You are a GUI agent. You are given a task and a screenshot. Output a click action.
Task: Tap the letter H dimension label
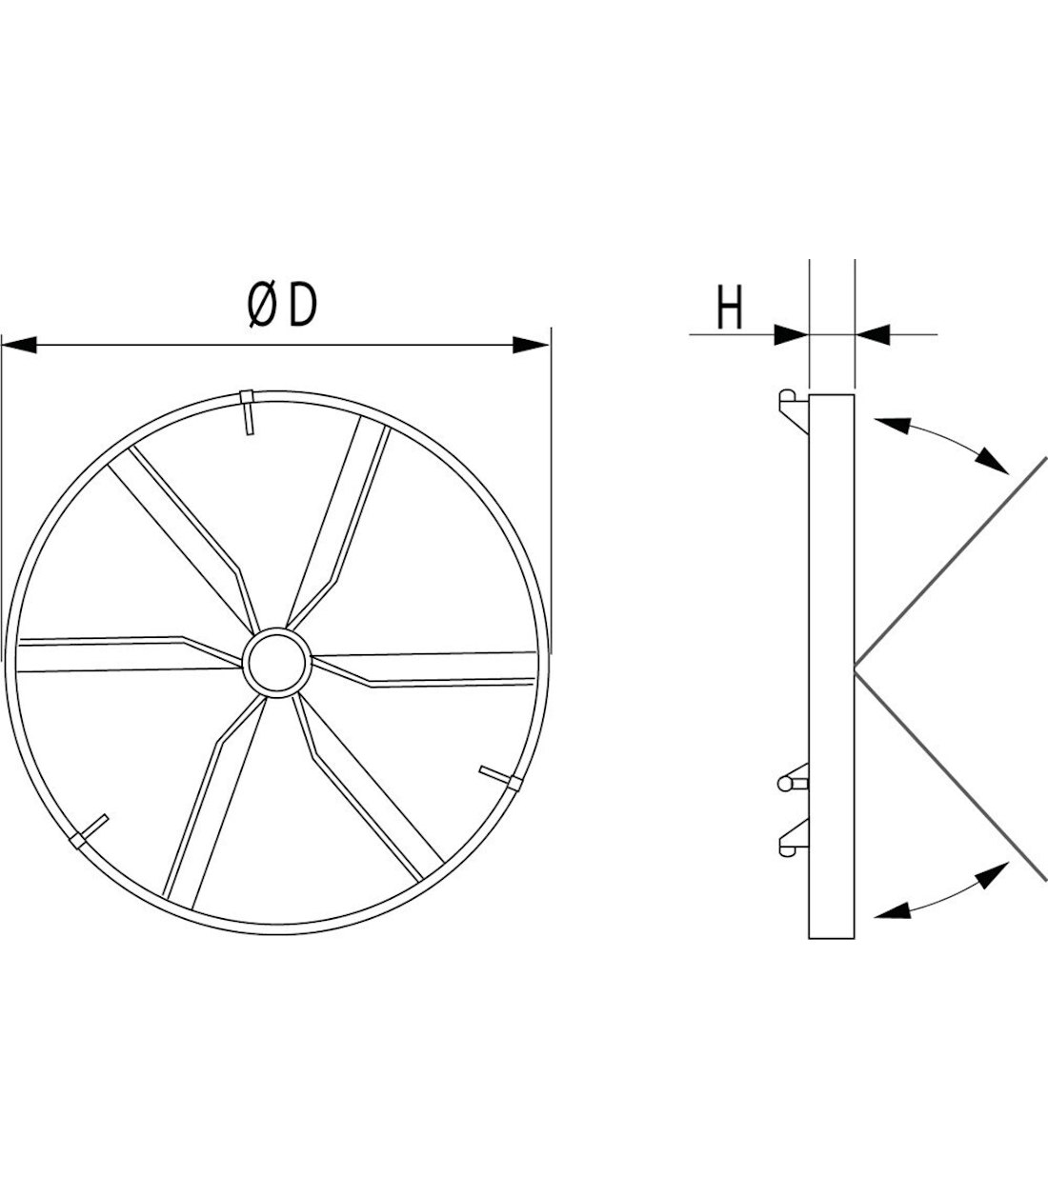(730, 308)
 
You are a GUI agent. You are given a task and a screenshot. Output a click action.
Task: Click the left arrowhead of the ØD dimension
(19, 345)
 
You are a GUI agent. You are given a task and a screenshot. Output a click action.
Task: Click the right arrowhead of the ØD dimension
(530, 345)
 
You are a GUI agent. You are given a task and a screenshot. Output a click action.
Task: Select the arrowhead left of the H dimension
(791, 334)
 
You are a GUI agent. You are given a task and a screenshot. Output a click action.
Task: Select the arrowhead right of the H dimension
(873, 334)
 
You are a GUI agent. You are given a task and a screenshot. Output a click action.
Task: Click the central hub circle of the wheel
(277, 663)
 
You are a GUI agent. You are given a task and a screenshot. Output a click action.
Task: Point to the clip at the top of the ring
(248, 412)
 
